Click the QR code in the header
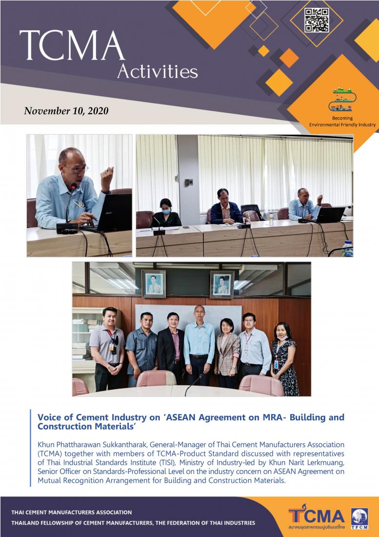point(317,20)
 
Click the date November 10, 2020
point(66,111)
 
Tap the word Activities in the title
point(158,71)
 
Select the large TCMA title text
point(72,45)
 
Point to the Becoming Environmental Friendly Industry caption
point(342,122)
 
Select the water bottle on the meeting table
point(271,220)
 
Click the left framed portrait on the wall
point(154,283)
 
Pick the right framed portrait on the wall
point(222,284)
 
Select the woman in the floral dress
point(284,358)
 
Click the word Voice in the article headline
point(47,417)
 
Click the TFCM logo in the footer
point(359,518)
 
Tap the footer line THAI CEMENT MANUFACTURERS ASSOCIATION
point(72,512)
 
